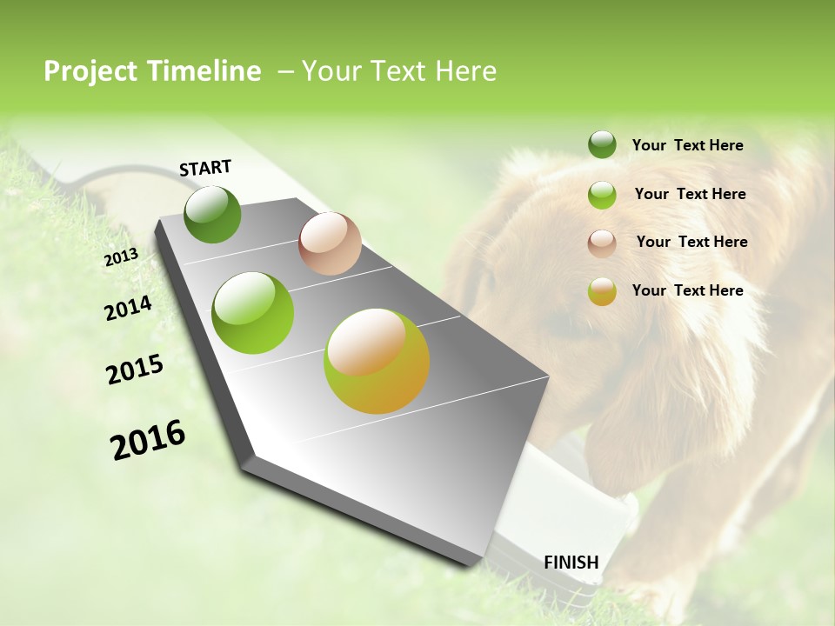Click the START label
tap(205, 168)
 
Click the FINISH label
tap(571, 562)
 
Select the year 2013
tap(121, 257)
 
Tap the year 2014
tap(128, 308)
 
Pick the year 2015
tap(135, 370)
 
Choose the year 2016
tap(148, 440)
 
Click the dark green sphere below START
tap(212, 214)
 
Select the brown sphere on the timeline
tap(330, 243)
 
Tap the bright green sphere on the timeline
tap(253, 313)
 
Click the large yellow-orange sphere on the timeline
tap(377, 361)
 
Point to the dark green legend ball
tap(602, 145)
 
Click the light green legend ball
tap(602, 195)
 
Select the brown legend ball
tap(602, 243)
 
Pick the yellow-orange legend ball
tap(602, 291)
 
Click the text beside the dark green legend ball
tap(687, 145)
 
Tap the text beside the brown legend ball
tap(691, 242)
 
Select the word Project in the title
tap(91, 71)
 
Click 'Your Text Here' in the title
tap(399, 71)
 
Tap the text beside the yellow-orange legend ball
tap(687, 290)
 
